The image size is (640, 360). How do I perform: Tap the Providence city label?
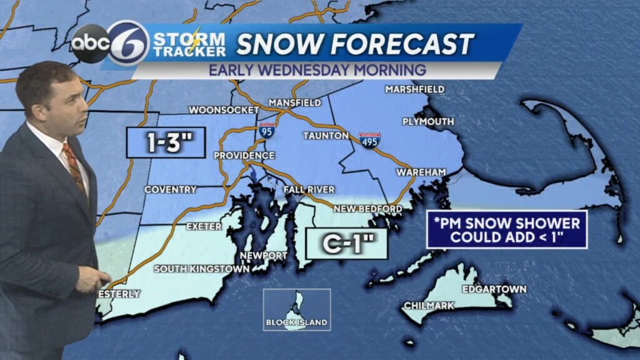[244, 155]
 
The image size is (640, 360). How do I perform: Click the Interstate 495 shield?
[369, 139]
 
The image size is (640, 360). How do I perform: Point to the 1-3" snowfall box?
[166, 143]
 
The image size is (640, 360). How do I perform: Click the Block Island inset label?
[297, 322]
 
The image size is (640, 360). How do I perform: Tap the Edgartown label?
[494, 289]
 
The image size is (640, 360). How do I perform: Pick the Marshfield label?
[414, 89]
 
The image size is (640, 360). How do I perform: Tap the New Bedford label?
[368, 208]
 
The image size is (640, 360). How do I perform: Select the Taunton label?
[326, 135]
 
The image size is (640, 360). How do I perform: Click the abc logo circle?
[91, 43]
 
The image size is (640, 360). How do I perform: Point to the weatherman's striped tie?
[74, 166]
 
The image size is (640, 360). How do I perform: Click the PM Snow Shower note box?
[507, 229]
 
